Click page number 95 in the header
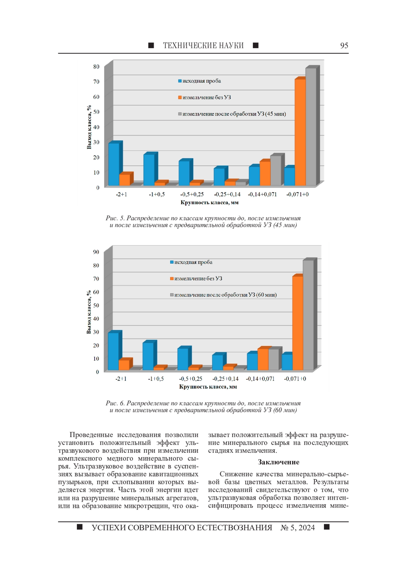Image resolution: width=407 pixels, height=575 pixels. (x=344, y=45)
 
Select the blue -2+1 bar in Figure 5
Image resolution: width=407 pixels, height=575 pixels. (x=114, y=164)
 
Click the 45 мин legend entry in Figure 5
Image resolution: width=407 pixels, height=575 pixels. (x=234, y=114)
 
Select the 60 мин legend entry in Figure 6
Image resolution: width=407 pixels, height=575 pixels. (x=225, y=295)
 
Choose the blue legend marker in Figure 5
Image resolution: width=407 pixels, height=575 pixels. (x=180, y=81)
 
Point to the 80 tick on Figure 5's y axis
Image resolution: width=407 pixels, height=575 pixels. (x=96, y=67)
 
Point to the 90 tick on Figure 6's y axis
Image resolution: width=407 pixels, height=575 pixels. (x=96, y=252)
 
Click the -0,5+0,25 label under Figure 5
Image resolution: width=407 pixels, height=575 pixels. (x=192, y=194)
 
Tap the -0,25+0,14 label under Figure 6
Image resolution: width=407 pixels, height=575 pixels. (x=225, y=378)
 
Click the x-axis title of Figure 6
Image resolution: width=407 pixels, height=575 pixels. (x=208, y=387)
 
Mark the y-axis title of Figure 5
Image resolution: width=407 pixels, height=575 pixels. (x=89, y=127)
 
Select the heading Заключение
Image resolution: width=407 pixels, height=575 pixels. (x=278, y=462)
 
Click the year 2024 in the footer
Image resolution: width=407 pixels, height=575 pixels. (x=307, y=528)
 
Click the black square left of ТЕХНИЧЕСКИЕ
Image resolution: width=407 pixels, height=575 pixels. (x=151, y=45)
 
